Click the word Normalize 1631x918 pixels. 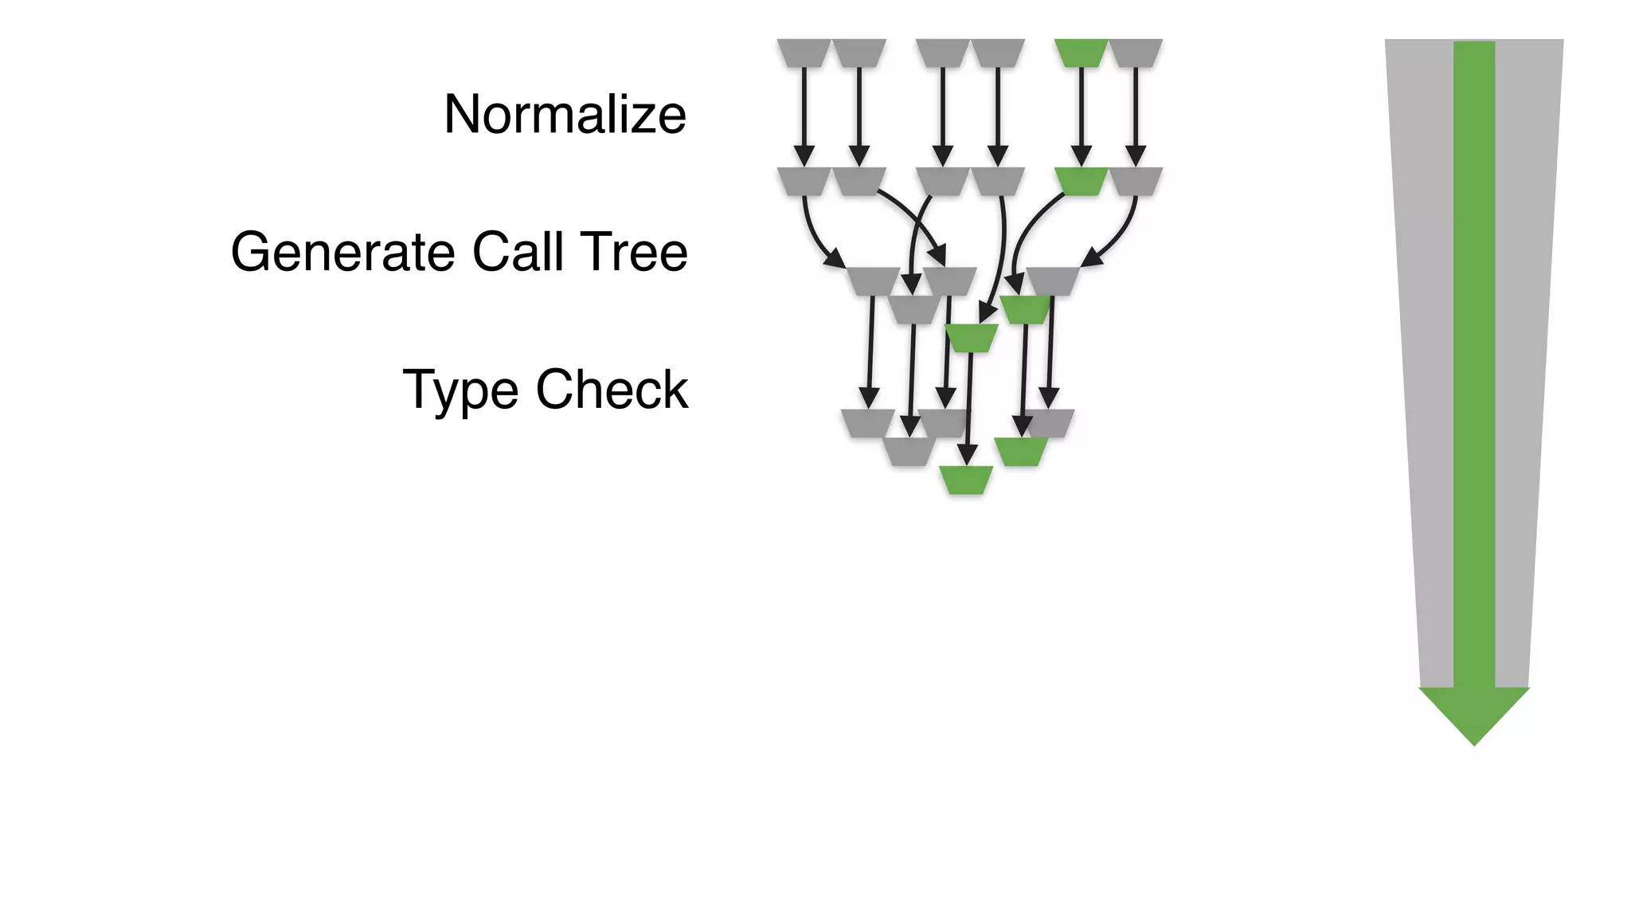(x=565, y=114)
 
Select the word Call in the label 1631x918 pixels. (x=518, y=252)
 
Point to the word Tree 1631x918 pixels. (x=634, y=252)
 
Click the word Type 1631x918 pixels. (x=461, y=390)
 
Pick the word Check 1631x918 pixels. (x=612, y=390)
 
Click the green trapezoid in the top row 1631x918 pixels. (x=1081, y=53)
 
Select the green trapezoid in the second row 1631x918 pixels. (x=1081, y=181)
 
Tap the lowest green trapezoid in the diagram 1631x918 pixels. (x=966, y=480)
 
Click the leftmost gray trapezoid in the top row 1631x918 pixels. (x=804, y=53)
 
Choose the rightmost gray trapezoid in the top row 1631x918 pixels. (x=1136, y=53)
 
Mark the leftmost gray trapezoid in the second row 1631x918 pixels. (x=804, y=181)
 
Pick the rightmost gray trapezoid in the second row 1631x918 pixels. (x=1136, y=181)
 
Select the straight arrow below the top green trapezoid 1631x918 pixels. (x=1081, y=112)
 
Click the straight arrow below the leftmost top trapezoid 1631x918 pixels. (x=804, y=112)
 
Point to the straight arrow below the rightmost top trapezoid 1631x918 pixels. (x=1136, y=112)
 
